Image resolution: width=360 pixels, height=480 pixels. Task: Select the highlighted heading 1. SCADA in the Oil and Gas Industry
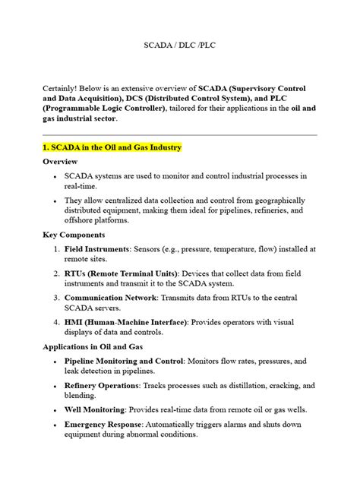(123, 146)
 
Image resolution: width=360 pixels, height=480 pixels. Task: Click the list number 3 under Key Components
(57, 298)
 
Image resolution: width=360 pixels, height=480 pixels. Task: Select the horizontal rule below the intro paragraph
(179, 134)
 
